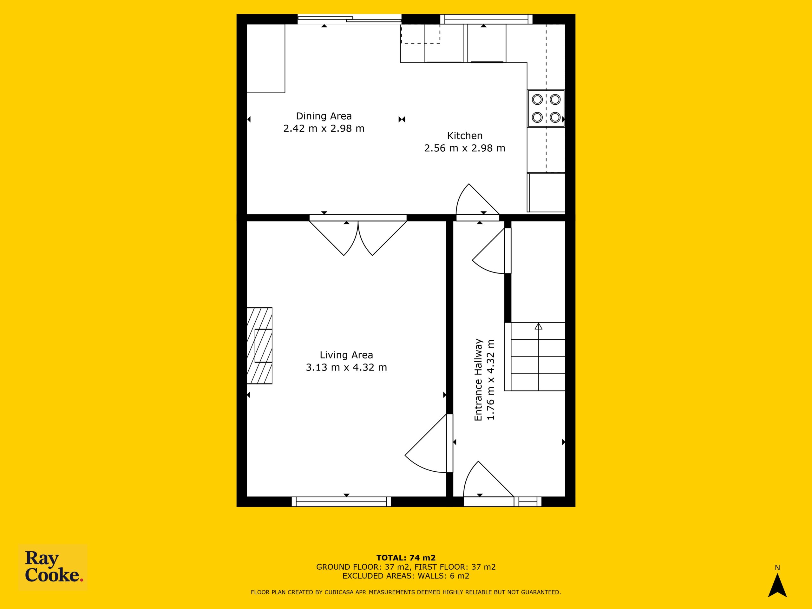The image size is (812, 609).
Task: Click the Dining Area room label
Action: click(324, 116)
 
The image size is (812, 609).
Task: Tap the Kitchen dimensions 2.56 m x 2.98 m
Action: click(465, 148)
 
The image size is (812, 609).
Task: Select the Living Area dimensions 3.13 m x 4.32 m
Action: click(346, 367)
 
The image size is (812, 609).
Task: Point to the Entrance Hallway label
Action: click(478, 380)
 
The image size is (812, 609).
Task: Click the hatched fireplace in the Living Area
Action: click(259, 346)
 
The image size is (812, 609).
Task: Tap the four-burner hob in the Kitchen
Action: click(546, 108)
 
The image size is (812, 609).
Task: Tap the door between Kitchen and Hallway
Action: click(478, 202)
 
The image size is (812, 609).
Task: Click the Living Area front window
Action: click(341, 501)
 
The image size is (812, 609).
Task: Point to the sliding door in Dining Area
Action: click(349, 19)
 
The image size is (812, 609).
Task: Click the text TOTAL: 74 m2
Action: click(406, 558)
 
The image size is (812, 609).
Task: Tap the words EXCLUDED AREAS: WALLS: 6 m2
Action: click(406, 576)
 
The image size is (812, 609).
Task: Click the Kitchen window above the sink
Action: click(486, 19)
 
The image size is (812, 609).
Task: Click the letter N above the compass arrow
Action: click(777, 568)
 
